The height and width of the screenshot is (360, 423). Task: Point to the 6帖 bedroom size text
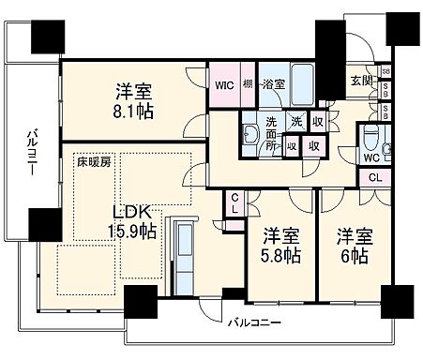[x=353, y=256]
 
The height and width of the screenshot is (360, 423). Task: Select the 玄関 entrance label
[x=361, y=80]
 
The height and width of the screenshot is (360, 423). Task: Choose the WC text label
[x=371, y=157]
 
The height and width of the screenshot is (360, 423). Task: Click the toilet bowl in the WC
[x=371, y=137]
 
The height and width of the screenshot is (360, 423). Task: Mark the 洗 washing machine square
[x=295, y=121]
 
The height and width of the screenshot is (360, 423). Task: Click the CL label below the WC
[x=373, y=177]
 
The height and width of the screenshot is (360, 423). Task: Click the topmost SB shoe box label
[x=385, y=72]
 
